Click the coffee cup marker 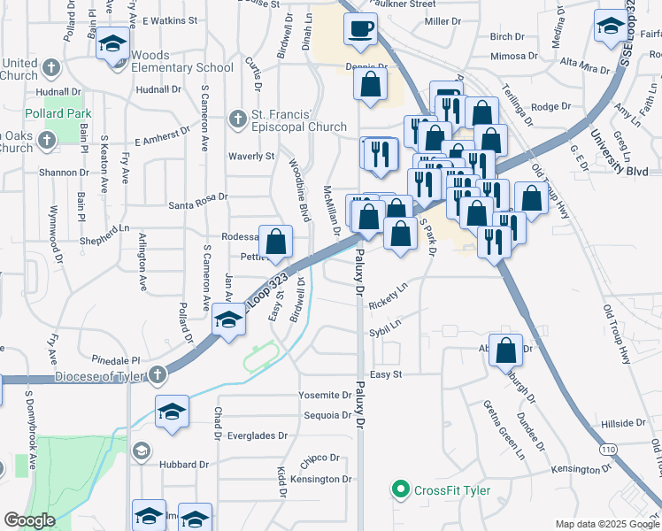coord(360,28)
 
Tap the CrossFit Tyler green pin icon coord(400,489)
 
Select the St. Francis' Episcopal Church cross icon coord(237,119)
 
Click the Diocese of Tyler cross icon coord(158,374)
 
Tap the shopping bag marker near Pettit coord(276,241)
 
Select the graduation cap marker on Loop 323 coord(228,319)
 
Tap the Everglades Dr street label coord(257,435)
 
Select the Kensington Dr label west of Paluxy coord(321,479)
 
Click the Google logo coord(29,519)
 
